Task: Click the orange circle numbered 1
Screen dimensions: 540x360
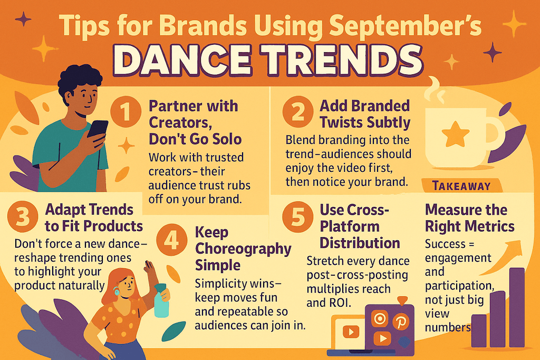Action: pyautogui.click(x=126, y=111)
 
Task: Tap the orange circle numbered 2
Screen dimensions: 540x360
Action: pyautogui.click(x=298, y=112)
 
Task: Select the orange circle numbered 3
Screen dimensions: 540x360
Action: pyautogui.click(x=22, y=217)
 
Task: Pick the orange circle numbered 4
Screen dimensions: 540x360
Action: pyautogui.click(x=171, y=239)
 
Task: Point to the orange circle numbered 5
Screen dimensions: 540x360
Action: pyautogui.click(x=298, y=217)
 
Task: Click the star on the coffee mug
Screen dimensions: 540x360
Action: pyautogui.click(x=455, y=134)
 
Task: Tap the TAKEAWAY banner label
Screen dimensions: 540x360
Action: pyautogui.click(x=461, y=186)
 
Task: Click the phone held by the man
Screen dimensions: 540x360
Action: pyautogui.click(x=98, y=130)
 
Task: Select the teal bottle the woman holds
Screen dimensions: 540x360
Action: pyautogui.click(x=161, y=300)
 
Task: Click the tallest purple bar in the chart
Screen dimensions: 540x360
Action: pyautogui.click(x=517, y=307)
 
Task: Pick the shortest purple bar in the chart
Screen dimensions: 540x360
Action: pyautogui.click(x=479, y=330)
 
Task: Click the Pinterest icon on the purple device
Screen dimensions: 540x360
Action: pyautogui.click(x=401, y=322)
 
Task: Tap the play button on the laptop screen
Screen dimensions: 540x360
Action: pyautogui.click(x=351, y=332)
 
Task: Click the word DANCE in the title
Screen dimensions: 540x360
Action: pyautogui.click(x=182, y=61)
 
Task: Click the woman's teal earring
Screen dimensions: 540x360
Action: pyautogui.click(x=117, y=292)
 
